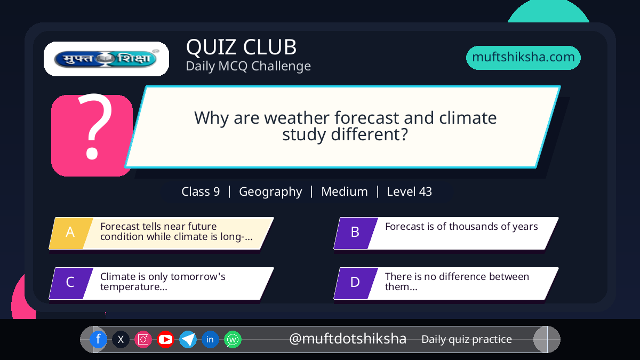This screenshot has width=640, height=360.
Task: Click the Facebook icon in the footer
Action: click(98, 339)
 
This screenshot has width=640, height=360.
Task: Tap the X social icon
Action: click(121, 339)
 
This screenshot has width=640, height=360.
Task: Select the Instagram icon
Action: click(143, 339)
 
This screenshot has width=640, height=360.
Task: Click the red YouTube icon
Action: click(165, 339)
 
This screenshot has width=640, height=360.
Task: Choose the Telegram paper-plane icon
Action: click(188, 339)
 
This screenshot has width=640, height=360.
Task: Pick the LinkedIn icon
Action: click(210, 339)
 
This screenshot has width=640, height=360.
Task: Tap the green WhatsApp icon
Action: click(233, 339)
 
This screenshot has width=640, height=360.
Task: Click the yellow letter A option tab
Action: click(71, 233)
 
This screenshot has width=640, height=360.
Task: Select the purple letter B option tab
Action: click(356, 233)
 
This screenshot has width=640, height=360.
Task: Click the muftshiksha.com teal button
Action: click(523, 58)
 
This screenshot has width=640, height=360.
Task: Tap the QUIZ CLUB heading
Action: click(242, 47)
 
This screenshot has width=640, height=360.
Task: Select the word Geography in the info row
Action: click(270, 191)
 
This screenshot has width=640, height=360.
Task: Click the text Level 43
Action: click(409, 191)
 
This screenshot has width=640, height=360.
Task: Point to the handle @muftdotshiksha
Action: click(348, 339)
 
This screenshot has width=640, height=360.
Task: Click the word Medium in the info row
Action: click(345, 191)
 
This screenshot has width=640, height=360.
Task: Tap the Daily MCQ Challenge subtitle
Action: click(249, 66)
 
